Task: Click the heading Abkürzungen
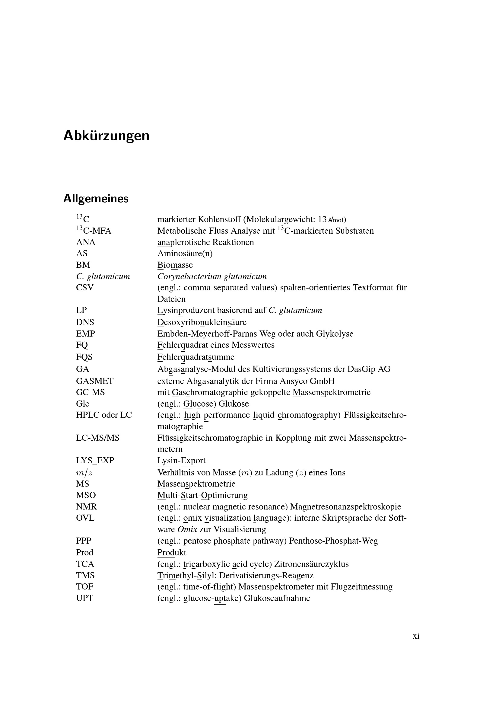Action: (x=106, y=136)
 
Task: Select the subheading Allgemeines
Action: (x=96, y=199)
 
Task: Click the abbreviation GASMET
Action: (x=95, y=381)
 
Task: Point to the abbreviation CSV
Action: (x=85, y=288)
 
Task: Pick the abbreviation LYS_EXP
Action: (x=95, y=460)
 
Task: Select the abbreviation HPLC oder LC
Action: (x=104, y=415)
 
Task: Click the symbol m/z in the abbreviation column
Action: (x=84, y=472)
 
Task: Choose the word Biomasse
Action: (x=175, y=265)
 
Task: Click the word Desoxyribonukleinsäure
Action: (x=202, y=322)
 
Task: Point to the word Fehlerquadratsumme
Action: (x=196, y=357)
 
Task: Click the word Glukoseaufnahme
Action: (x=277, y=598)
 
